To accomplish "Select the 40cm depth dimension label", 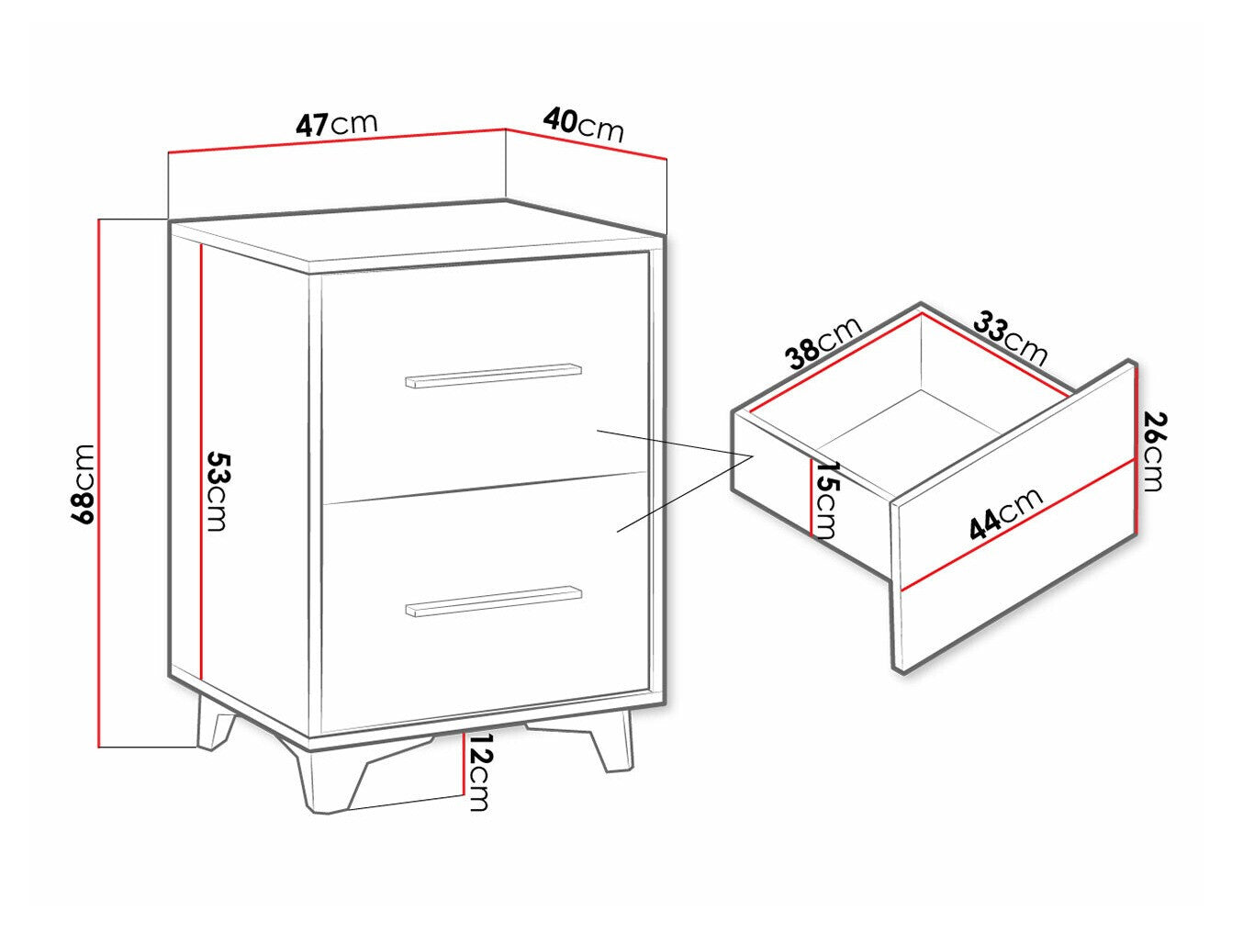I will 584,124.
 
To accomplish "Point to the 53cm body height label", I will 217,490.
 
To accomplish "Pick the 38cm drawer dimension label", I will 824,341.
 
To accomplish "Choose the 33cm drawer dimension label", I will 1010,337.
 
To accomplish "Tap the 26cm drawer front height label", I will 1154,451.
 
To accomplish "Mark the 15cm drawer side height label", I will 826,500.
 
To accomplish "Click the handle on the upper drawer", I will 494,376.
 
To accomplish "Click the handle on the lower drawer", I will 494,601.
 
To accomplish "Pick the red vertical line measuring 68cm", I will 98,483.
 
